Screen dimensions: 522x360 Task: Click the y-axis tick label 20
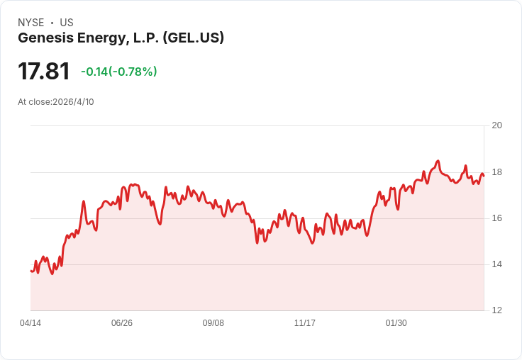tap(496, 125)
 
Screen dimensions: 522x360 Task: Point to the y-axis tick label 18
tap(496, 172)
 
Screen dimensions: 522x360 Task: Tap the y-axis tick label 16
tap(496, 218)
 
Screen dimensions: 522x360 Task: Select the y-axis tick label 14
tap(496, 264)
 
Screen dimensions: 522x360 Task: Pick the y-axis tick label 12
tap(496, 310)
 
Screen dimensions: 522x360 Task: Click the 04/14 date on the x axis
tap(30, 323)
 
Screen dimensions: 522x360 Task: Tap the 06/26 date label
tap(122, 323)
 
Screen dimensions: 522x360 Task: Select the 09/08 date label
tap(213, 323)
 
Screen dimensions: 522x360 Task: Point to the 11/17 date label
tap(304, 323)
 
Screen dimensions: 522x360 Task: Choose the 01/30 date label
tap(396, 323)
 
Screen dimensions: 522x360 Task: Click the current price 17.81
tap(43, 71)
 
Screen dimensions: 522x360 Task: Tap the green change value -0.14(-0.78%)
tap(119, 72)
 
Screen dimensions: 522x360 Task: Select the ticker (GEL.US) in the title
tap(194, 38)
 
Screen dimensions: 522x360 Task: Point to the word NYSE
tap(31, 23)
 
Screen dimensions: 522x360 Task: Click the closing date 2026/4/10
tap(73, 102)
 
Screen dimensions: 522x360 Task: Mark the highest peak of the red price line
tap(438, 161)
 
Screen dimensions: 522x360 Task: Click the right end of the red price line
tap(484, 176)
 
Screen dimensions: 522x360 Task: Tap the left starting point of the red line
tap(30, 271)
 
